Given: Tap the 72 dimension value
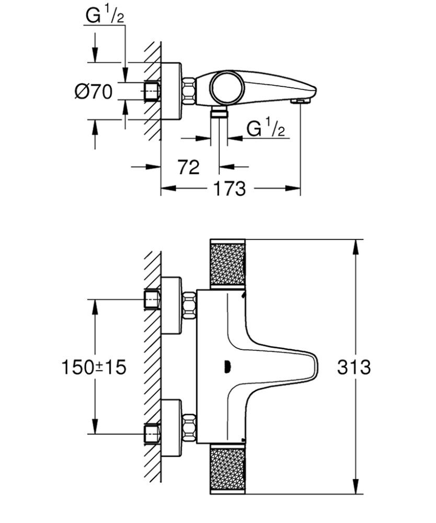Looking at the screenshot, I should (x=189, y=167).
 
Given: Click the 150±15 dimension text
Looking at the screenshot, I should (x=95, y=367).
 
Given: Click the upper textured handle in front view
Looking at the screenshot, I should (x=227, y=264).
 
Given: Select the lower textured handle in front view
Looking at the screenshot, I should (x=227, y=470).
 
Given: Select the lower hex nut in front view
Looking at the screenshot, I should (x=189, y=427).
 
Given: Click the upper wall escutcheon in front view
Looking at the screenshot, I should (x=171, y=306).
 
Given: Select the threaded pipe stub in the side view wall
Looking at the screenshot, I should (x=151, y=91).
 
